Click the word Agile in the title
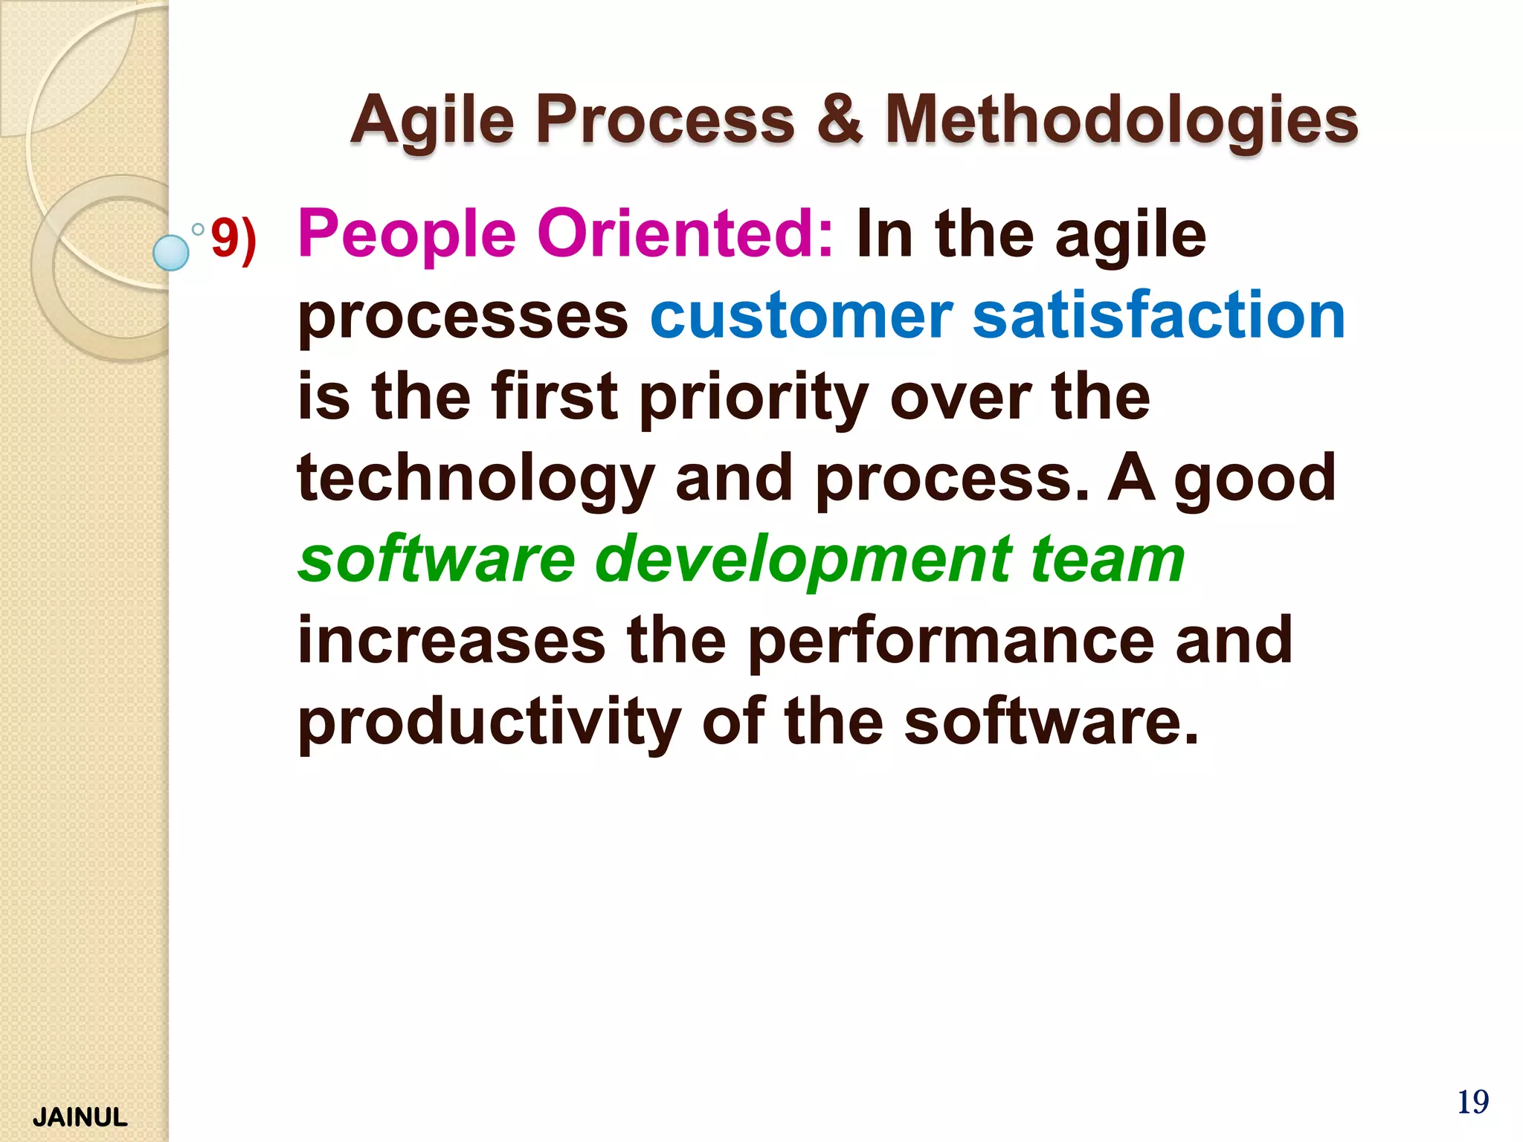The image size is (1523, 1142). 432,121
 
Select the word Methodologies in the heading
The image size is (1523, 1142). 1121,121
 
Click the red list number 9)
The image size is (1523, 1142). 234,239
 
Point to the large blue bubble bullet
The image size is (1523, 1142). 171,252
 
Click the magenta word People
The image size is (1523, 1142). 407,234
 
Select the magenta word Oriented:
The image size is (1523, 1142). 685,234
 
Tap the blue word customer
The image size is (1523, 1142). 801,315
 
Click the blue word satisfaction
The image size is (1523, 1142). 1159,315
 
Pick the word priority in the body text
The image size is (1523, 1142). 754,399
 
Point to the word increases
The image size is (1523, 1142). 451,641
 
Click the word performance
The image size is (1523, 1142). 950,641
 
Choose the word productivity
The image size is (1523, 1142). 489,723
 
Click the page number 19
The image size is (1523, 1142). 1472,1102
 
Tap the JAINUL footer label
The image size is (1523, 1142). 80,1117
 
